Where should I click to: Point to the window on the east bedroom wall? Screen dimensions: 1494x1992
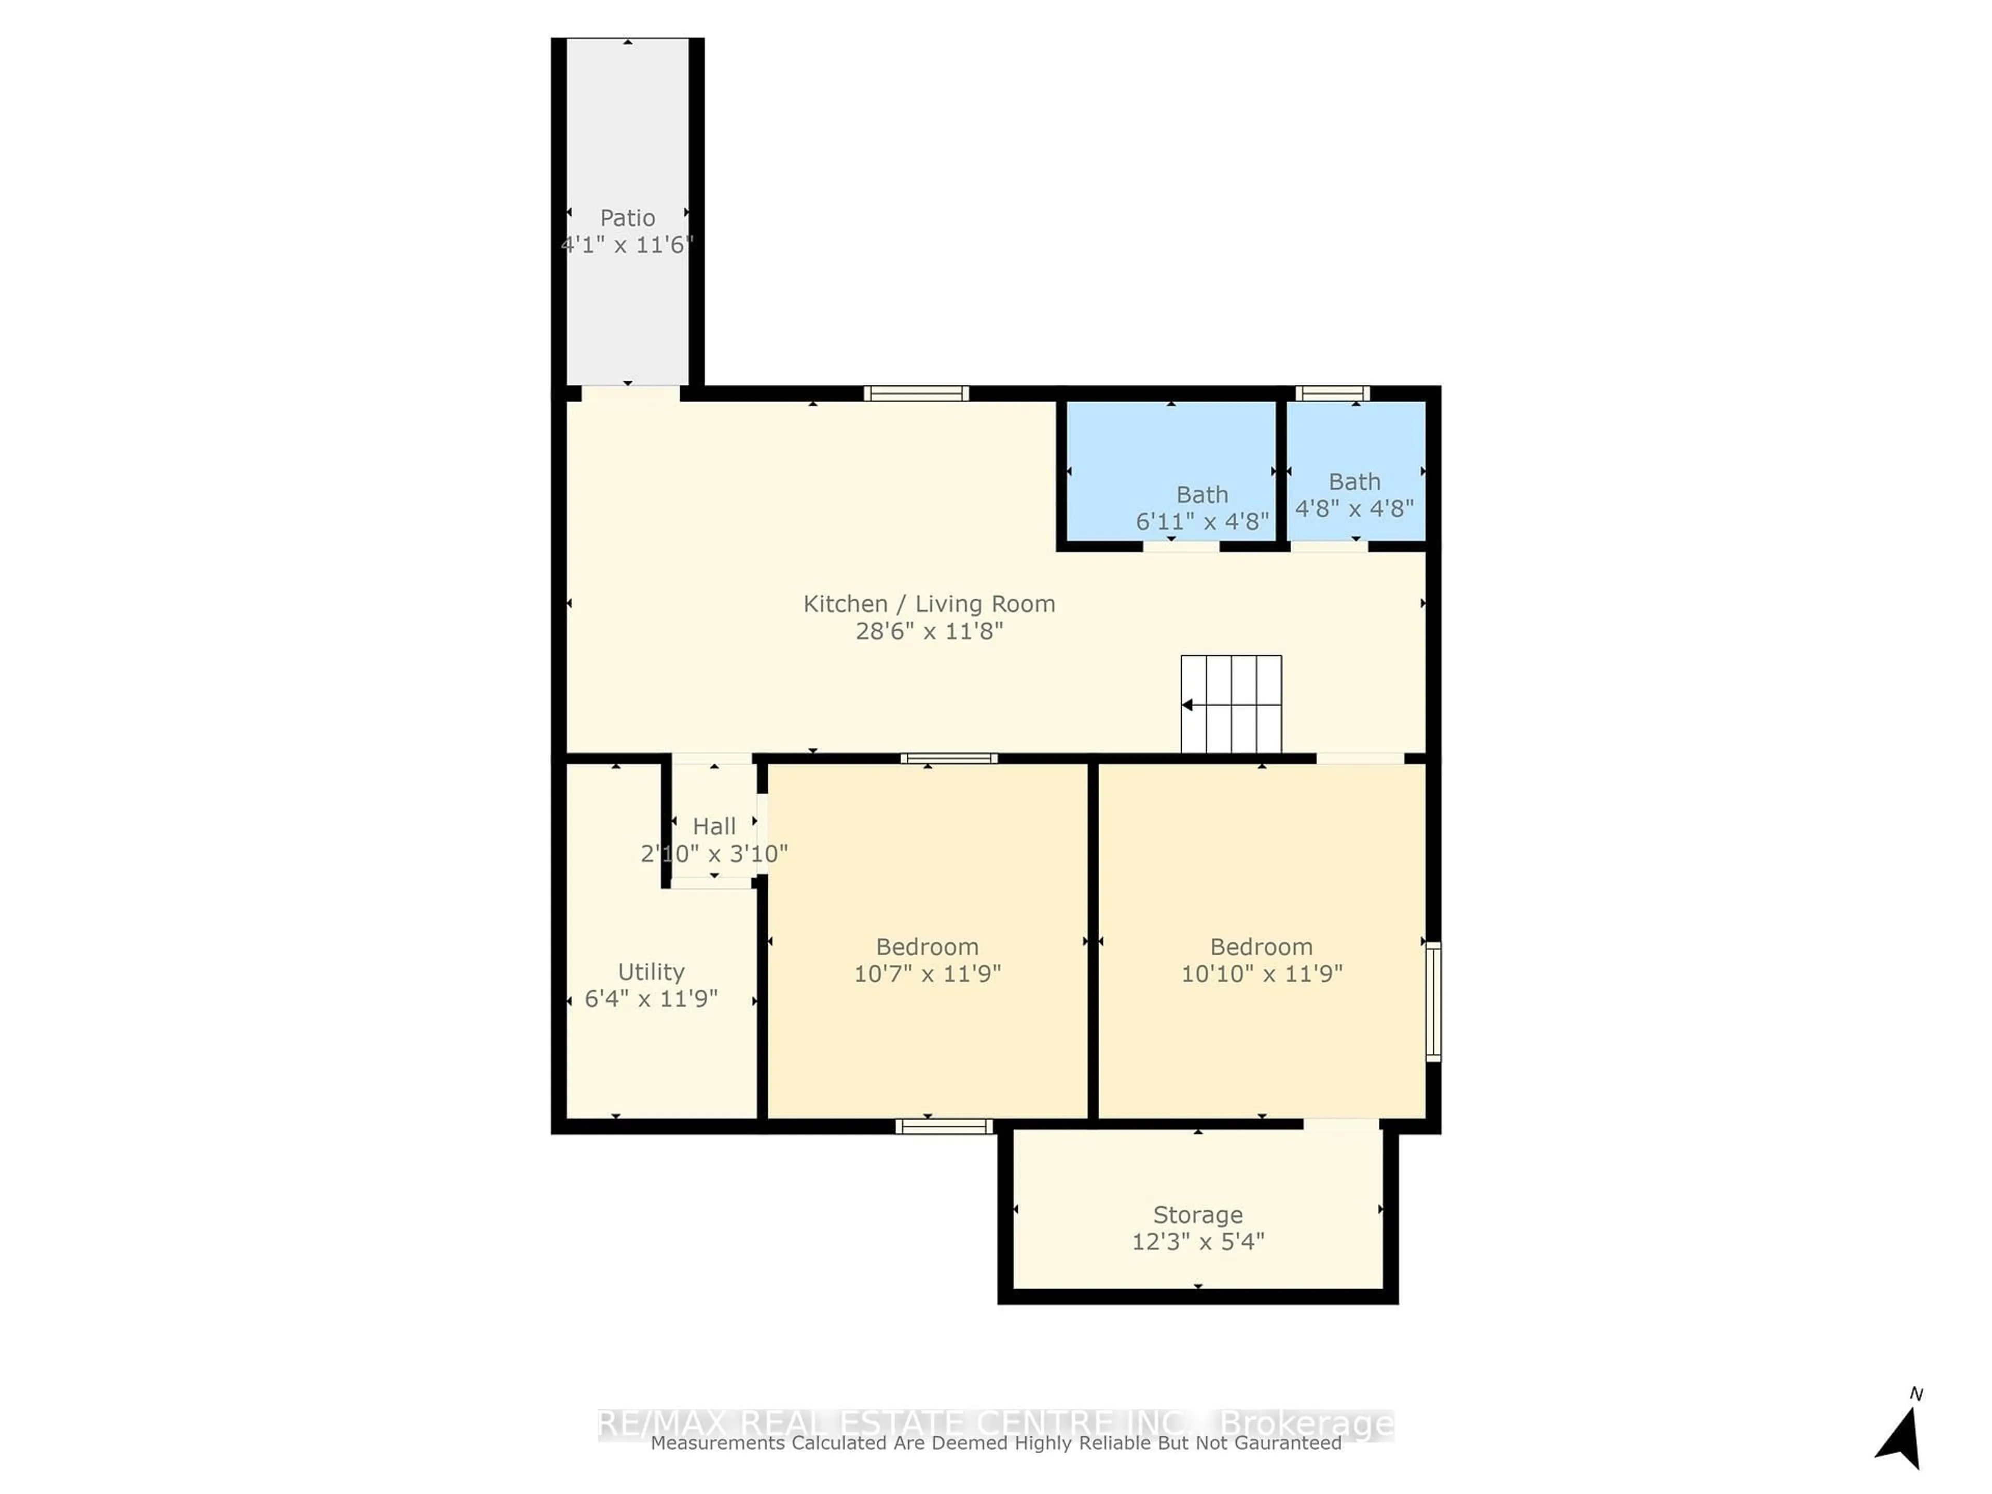(1433, 1001)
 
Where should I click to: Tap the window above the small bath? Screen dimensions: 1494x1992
(1332, 393)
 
